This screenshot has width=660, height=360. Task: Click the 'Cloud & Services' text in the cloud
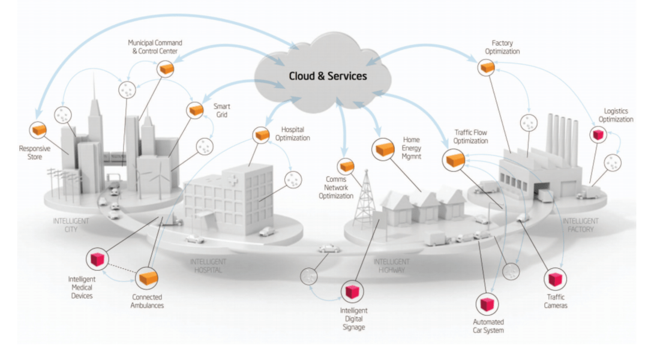click(328, 76)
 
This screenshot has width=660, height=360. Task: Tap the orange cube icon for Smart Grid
click(196, 110)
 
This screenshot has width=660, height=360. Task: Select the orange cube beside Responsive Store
click(39, 129)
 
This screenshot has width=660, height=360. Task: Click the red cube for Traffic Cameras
click(556, 280)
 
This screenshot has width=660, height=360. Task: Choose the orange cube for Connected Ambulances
click(146, 277)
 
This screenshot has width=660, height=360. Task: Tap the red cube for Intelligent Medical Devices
click(97, 259)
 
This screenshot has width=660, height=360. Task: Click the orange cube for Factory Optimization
click(487, 68)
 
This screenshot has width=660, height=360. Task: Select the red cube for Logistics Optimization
click(598, 135)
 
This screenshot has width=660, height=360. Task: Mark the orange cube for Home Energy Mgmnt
click(382, 148)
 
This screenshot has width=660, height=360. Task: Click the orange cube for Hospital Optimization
click(262, 135)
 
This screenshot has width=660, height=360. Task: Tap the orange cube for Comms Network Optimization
click(347, 166)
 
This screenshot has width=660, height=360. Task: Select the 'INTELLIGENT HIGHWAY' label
click(391, 266)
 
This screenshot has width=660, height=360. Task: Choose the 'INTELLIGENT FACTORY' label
click(580, 225)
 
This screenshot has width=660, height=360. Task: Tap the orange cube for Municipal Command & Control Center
click(166, 69)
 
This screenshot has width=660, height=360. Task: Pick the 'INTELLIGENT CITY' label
click(71, 224)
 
